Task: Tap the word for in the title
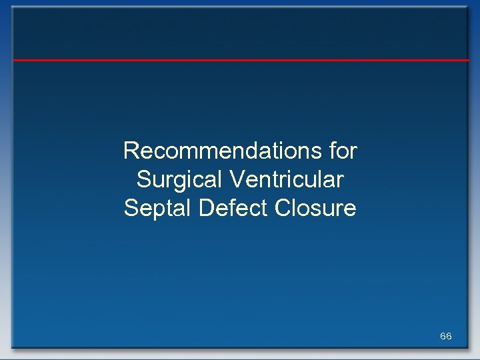(x=344, y=151)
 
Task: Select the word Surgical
(x=177, y=180)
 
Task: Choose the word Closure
(x=315, y=209)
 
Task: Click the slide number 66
(x=446, y=336)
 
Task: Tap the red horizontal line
(x=240, y=60)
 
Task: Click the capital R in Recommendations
(x=131, y=151)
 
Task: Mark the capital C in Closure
(x=283, y=209)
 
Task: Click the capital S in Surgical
(x=143, y=180)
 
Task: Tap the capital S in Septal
(x=131, y=209)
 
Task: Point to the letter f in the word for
(x=333, y=151)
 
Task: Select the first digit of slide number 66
(x=443, y=336)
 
